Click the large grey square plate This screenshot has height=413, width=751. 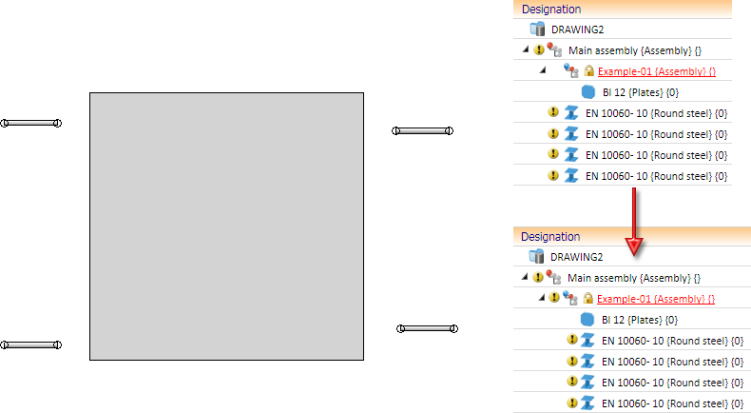point(226,226)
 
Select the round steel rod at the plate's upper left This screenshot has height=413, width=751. point(30,123)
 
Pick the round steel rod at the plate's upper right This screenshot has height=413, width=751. point(422,130)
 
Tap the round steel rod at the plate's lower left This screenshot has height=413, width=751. point(30,344)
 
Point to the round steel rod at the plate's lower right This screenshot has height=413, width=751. point(427,328)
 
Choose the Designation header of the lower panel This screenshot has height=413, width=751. point(549,236)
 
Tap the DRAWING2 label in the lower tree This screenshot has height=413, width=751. point(576,257)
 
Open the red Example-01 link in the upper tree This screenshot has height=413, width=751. point(657,71)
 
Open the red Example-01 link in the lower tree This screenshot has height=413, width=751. point(656,299)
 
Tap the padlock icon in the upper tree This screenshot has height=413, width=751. point(588,71)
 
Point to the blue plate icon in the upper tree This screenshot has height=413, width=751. point(588,92)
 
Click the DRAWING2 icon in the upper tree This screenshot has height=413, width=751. point(537,29)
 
